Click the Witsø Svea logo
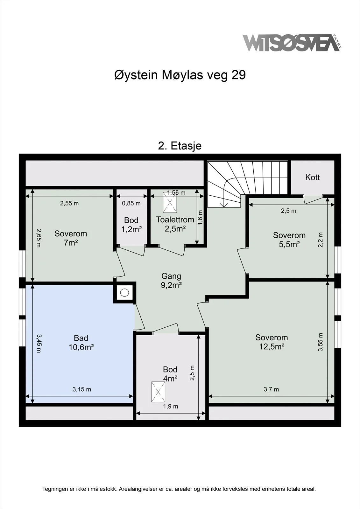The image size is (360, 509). pos(292,43)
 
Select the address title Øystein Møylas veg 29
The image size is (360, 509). pos(180,75)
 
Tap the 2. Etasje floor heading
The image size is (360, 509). pos(180,146)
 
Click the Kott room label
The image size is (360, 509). pos(313,177)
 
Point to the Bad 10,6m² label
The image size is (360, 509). pos(81,343)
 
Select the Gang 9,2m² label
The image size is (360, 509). pos(171,281)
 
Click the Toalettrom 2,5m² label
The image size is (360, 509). pos(175,224)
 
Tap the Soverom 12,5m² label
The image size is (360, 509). pos(272,342)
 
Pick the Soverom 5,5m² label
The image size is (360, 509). pos(289,240)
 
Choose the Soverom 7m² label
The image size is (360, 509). pos(71,238)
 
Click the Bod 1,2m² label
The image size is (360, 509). pos(131,225)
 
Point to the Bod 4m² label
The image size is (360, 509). pos(170,374)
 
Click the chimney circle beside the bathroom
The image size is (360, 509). pos(124,292)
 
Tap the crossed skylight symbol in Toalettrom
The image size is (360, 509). pos(170,202)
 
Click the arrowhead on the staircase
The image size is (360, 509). pos(224,205)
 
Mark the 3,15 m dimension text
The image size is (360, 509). pos(81,389)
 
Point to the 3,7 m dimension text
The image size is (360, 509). pos(271,389)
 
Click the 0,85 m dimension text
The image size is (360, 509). pos(131,203)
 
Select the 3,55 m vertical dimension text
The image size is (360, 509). pos(320,342)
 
